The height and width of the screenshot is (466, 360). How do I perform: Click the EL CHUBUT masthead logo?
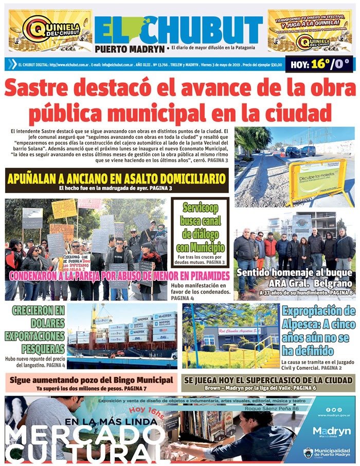click(x=178, y=29)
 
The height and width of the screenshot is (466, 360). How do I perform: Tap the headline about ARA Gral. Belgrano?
click(x=295, y=278)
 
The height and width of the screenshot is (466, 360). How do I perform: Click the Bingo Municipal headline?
click(x=91, y=380)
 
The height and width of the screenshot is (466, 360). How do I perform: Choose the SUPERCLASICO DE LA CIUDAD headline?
click(x=268, y=380)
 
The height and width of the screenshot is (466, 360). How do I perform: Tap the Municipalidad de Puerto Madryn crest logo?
click(x=308, y=453)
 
